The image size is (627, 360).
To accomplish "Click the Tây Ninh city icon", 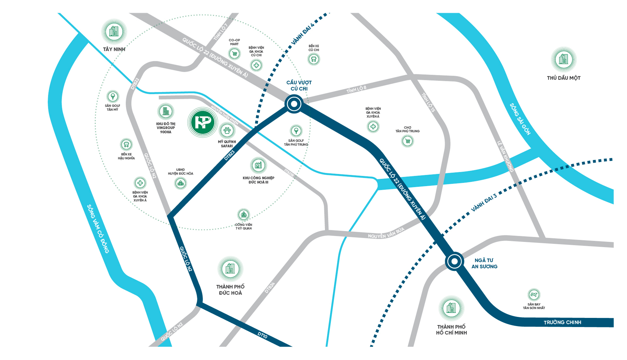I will pyautogui.click(x=114, y=32).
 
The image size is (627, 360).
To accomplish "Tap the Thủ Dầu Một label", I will pyautogui.click(x=564, y=78).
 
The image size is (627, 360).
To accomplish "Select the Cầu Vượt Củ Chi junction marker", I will pyautogui.click(x=294, y=104).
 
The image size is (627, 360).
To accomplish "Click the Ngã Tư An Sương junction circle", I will pyautogui.click(x=454, y=261).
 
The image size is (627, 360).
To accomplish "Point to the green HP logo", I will pyautogui.click(x=202, y=122).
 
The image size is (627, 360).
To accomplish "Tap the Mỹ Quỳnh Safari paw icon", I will pyautogui.click(x=227, y=131).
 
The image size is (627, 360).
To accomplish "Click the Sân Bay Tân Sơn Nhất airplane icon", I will pyautogui.click(x=534, y=295).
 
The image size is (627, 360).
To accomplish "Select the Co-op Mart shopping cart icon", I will pyautogui.click(x=234, y=54).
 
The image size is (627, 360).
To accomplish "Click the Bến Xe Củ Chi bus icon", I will pyautogui.click(x=313, y=59).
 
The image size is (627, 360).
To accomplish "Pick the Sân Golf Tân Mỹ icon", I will pyautogui.click(x=113, y=96).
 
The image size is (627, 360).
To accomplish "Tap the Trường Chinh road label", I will pyautogui.click(x=562, y=322).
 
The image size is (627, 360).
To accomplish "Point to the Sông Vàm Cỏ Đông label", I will pyautogui.click(x=98, y=229).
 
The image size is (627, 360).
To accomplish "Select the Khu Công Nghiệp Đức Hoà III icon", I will pyautogui.click(x=258, y=165).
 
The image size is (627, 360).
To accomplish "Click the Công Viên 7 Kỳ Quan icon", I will pyautogui.click(x=243, y=215).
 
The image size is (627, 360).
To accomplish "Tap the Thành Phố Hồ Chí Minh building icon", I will pyautogui.click(x=451, y=308).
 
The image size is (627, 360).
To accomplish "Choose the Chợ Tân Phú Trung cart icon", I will pyautogui.click(x=407, y=141).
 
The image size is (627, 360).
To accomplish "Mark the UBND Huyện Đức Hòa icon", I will pyautogui.click(x=180, y=183).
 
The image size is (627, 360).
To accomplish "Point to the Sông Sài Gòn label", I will pyautogui.click(x=520, y=119).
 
